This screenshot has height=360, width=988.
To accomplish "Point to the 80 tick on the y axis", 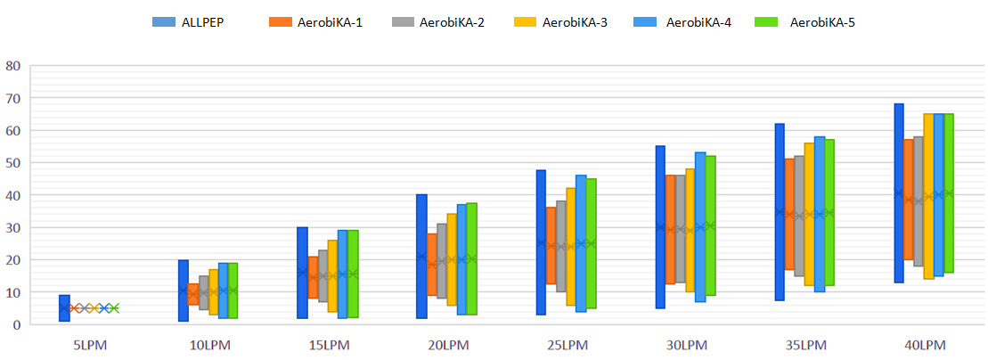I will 13,66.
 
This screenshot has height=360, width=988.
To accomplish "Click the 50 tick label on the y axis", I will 13,163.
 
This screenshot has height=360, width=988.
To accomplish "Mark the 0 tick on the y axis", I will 17,324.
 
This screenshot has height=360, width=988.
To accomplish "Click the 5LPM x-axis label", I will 89,343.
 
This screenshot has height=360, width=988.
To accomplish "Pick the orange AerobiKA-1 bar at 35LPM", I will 789,214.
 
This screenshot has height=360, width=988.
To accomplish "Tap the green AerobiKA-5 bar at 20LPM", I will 471,258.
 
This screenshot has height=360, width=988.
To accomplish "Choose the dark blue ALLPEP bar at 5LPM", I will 65,307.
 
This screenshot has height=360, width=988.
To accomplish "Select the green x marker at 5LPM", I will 114,308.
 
